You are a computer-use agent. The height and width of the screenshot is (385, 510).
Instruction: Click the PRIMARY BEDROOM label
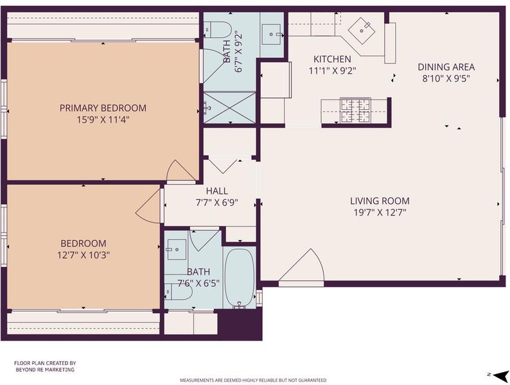103,108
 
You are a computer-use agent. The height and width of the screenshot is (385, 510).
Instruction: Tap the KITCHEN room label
332,59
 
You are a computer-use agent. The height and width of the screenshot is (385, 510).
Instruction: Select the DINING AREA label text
446,67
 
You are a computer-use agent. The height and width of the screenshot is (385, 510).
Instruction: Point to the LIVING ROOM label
380,201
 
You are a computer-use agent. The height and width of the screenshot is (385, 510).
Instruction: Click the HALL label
217,191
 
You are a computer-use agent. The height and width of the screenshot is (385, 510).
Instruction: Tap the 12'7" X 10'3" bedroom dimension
84,255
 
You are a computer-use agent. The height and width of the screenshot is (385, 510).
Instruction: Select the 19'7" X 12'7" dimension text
380,212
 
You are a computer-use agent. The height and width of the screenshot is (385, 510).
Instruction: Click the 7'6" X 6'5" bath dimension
198,284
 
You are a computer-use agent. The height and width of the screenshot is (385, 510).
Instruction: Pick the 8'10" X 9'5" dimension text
446,79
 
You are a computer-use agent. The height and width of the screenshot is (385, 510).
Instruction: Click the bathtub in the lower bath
240,278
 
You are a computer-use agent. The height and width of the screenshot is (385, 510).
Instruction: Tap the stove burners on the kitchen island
355,110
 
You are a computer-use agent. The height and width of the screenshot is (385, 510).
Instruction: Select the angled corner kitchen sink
362,30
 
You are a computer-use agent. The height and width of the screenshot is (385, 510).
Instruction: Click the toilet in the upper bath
217,30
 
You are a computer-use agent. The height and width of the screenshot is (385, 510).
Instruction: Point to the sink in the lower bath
177,250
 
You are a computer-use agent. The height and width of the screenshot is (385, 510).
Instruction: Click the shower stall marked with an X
230,108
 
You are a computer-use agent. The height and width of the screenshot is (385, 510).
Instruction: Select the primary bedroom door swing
181,171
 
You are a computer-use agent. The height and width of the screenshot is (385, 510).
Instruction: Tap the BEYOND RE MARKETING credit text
45,370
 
